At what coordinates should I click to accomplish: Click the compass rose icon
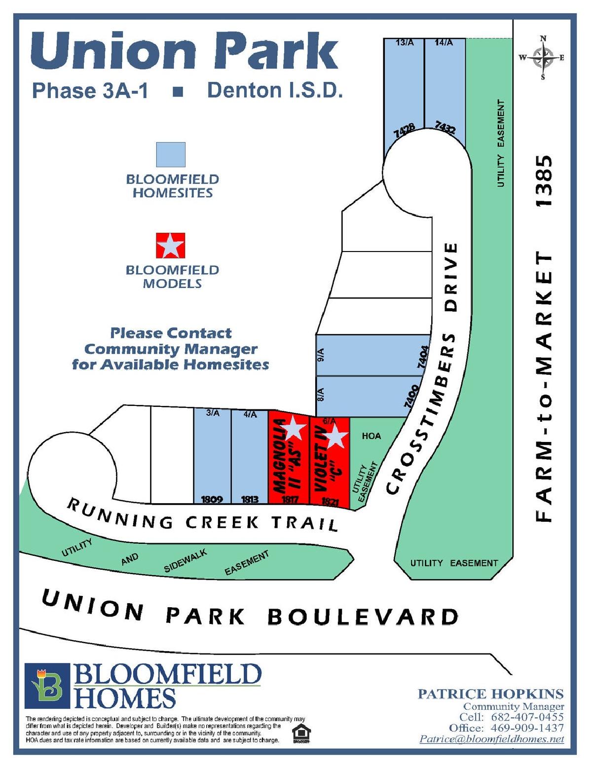[543, 58]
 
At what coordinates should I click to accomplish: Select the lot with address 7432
[445, 94]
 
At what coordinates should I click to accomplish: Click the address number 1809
[212, 499]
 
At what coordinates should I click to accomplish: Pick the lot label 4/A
[250, 414]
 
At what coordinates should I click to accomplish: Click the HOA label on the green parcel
[371, 436]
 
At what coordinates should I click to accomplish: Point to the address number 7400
[411, 396]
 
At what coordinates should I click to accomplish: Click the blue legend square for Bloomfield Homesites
[171, 155]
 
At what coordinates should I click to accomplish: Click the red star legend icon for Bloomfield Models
[171, 246]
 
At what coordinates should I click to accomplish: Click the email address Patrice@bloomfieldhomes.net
[491, 739]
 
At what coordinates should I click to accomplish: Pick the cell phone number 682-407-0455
[527, 717]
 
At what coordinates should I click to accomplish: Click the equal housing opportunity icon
[301, 733]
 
